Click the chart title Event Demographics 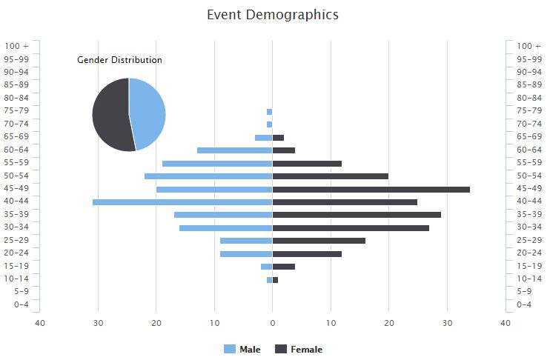tap(272, 15)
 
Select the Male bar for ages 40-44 tap(182, 202)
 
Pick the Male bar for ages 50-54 tap(208, 176)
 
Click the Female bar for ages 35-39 tap(357, 215)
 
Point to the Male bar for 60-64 tap(234, 150)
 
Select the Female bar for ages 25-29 tap(319, 241)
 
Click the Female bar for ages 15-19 tap(284, 267)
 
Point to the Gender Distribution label tap(119, 60)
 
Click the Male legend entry tap(242, 350)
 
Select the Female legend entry tap(299, 350)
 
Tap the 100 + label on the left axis tap(16, 46)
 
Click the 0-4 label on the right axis tap(524, 304)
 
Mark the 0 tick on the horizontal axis tap(272, 323)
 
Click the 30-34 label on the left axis tap(16, 227)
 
